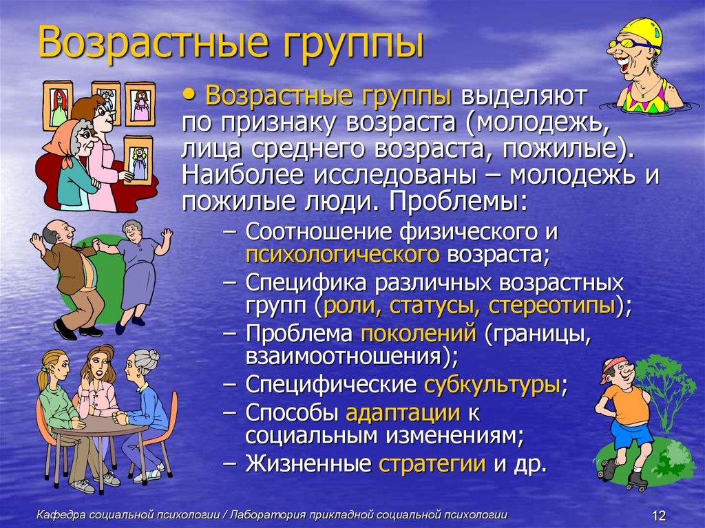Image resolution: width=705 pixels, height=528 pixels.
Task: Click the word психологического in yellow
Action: [342, 254]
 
